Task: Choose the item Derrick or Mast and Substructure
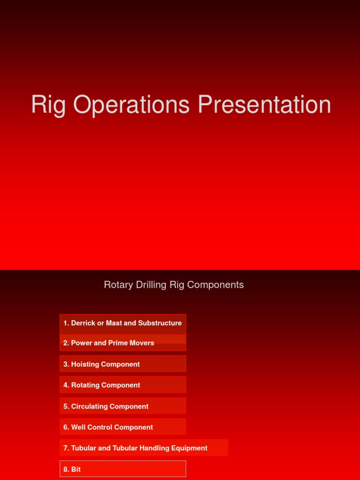click(123, 323)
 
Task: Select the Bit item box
click(123, 469)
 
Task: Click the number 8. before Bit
click(66, 469)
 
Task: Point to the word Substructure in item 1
click(160, 323)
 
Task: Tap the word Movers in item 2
click(143, 343)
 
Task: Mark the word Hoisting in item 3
click(85, 364)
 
